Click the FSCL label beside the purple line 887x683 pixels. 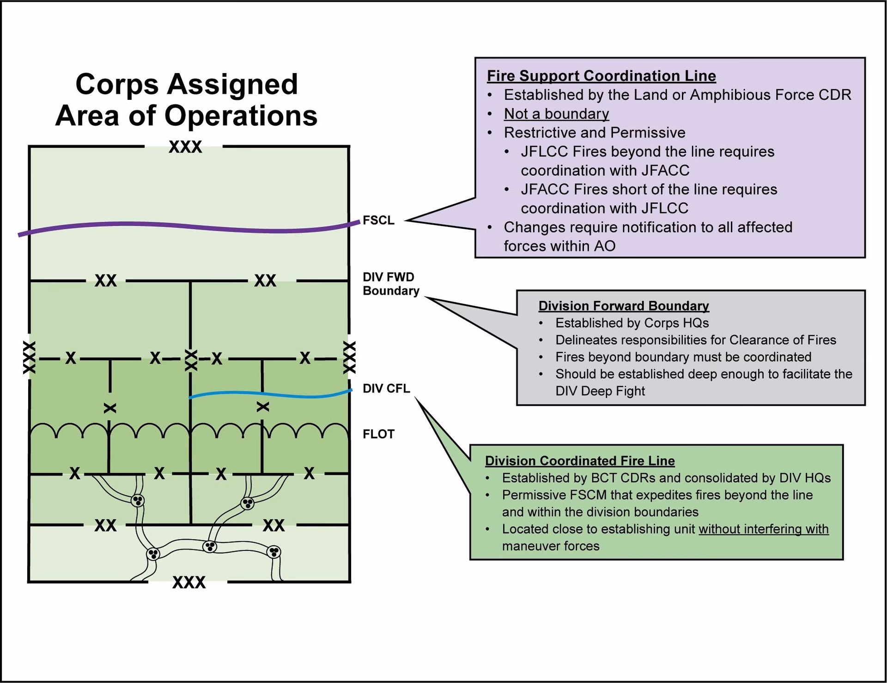tap(378, 220)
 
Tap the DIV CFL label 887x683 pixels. tap(386, 389)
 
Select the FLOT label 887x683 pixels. tap(378, 434)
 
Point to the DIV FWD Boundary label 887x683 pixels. tap(390, 284)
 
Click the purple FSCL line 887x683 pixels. tap(185, 227)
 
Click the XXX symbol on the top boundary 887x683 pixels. tap(185, 147)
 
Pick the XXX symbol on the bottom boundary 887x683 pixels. tap(188, 582)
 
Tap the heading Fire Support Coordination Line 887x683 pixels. tap(601, 76)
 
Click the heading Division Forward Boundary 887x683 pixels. tap(623, 306)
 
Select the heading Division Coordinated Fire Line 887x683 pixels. tap(579, 461)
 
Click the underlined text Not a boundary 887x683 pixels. tap(556, 114)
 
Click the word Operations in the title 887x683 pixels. tap(241, 116)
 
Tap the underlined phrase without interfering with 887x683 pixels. tap(763, 529)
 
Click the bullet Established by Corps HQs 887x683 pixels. tap(632, 323)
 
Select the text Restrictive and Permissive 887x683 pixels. tap(594, 133)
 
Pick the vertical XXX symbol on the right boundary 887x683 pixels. tap(349, 358)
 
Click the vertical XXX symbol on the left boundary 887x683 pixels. tap(29, 358)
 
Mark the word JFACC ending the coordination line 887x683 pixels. tap(665, 171)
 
